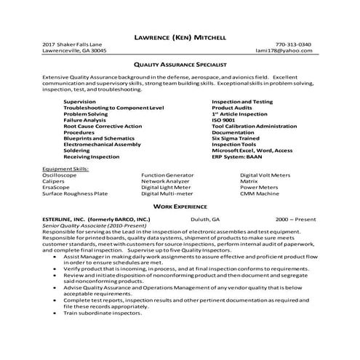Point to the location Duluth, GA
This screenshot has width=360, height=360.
pos(207,219)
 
